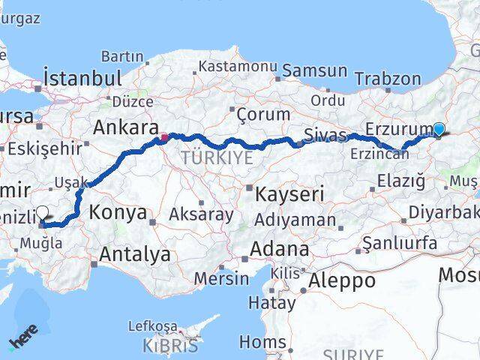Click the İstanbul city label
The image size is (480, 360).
point(82,78)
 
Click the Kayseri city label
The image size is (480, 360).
point(289,194)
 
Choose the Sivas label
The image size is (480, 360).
point(325,136)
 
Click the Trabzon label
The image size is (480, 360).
point(388,78)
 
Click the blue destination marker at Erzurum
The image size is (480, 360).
point(439,129)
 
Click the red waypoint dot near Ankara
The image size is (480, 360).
point(164,137)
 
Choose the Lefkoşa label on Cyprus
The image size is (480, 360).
point(152,327)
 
